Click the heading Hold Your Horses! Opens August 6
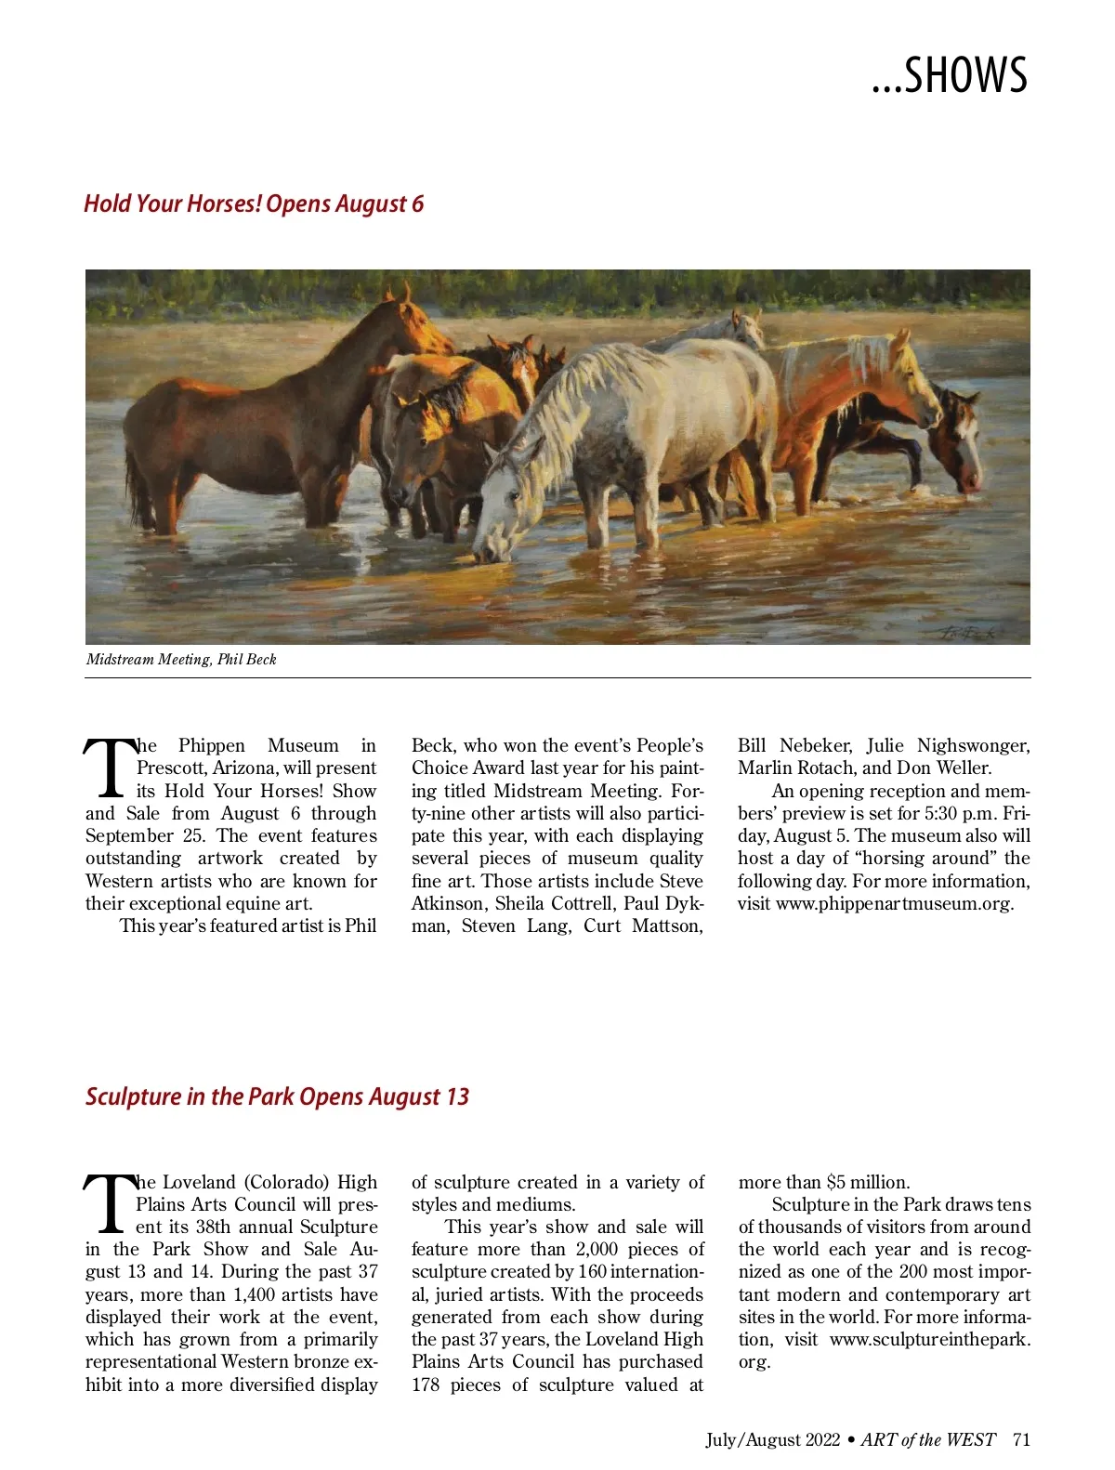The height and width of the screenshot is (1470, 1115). pyautogui.click(x=254, y=203)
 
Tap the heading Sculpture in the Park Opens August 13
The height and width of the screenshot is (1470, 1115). pyautogui.click(x=277, y=1096)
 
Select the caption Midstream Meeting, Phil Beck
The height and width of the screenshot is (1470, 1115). pyautogui.click(x=181, y=660)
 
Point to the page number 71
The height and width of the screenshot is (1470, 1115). pyautogui.click(x=1021, y=1440)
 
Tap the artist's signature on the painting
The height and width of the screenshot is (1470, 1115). pyautogui.click(x=968, y=633)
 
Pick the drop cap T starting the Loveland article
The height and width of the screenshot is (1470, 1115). pyautogui.click(x=109, y=1205)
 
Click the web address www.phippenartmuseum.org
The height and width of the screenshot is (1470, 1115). pyautogui.click(x=894, y=904)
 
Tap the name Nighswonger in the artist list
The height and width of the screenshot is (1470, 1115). pyautogui.click(x=973, y=746)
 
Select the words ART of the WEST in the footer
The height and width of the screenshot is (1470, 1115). pyautogui.click(x=927, y=1440)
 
